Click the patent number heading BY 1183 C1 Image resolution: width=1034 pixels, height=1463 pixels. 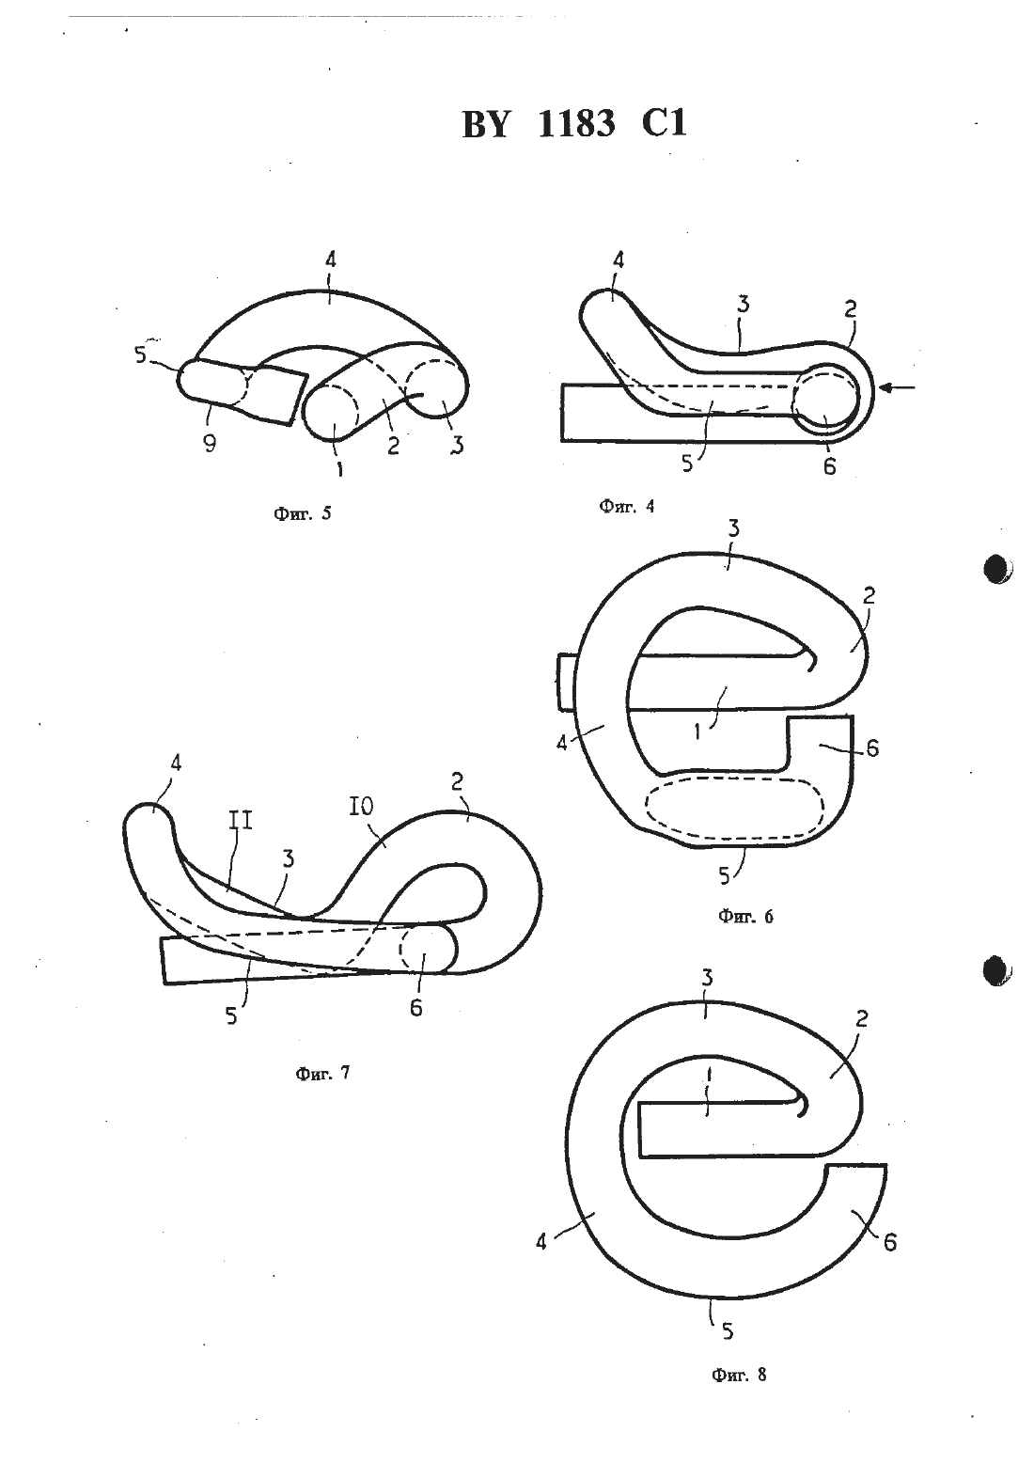pyautogui.click(x=574, y=123)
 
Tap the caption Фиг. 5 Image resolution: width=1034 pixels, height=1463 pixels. pyautogui.click(x=303, y=513)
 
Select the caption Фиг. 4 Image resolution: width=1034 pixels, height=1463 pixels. pyautogui.click(x=627, y=506)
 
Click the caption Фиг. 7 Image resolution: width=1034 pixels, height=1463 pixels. pyautogui.click(x=322, y=1073)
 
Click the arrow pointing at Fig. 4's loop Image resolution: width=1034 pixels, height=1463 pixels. pyautogui.click(x=898, y=388)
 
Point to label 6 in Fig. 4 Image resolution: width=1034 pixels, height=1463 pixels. pyautogui.click(x=829, y=467)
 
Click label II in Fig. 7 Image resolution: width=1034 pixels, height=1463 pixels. pyautogui.click(x=241, y=820)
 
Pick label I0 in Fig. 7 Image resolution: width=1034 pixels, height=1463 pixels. pyautogui.click(x=361, y=808)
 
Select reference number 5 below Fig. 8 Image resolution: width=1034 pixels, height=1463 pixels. pyautogui.click(x=728, y=1330)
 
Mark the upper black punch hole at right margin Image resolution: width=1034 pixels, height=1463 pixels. pyautogui.click(x=997, y=568)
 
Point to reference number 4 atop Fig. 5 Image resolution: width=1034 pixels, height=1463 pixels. pyautogui.click(x=330, y=260)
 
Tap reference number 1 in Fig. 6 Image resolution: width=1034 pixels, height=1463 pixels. pyautogui.click(x=697, y=731)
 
